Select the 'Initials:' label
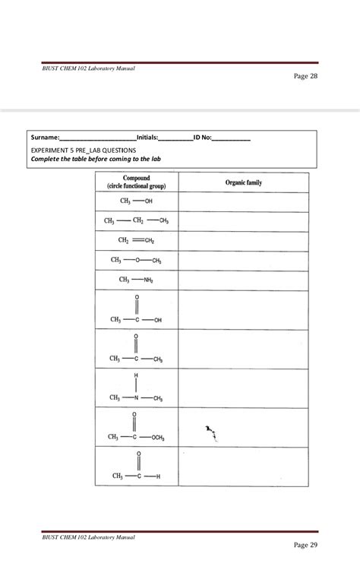point(147,138)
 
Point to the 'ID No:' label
point(203,138)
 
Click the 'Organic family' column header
point(243,183)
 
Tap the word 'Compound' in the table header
point(137,179)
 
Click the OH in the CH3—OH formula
point(148,201)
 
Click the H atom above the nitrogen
point(137,376)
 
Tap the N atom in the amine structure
point(137,397)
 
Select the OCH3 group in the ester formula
point(157,437)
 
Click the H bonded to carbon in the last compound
point(157,476)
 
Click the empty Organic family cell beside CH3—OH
point(243,201)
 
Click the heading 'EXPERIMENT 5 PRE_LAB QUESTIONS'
point(83,150)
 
